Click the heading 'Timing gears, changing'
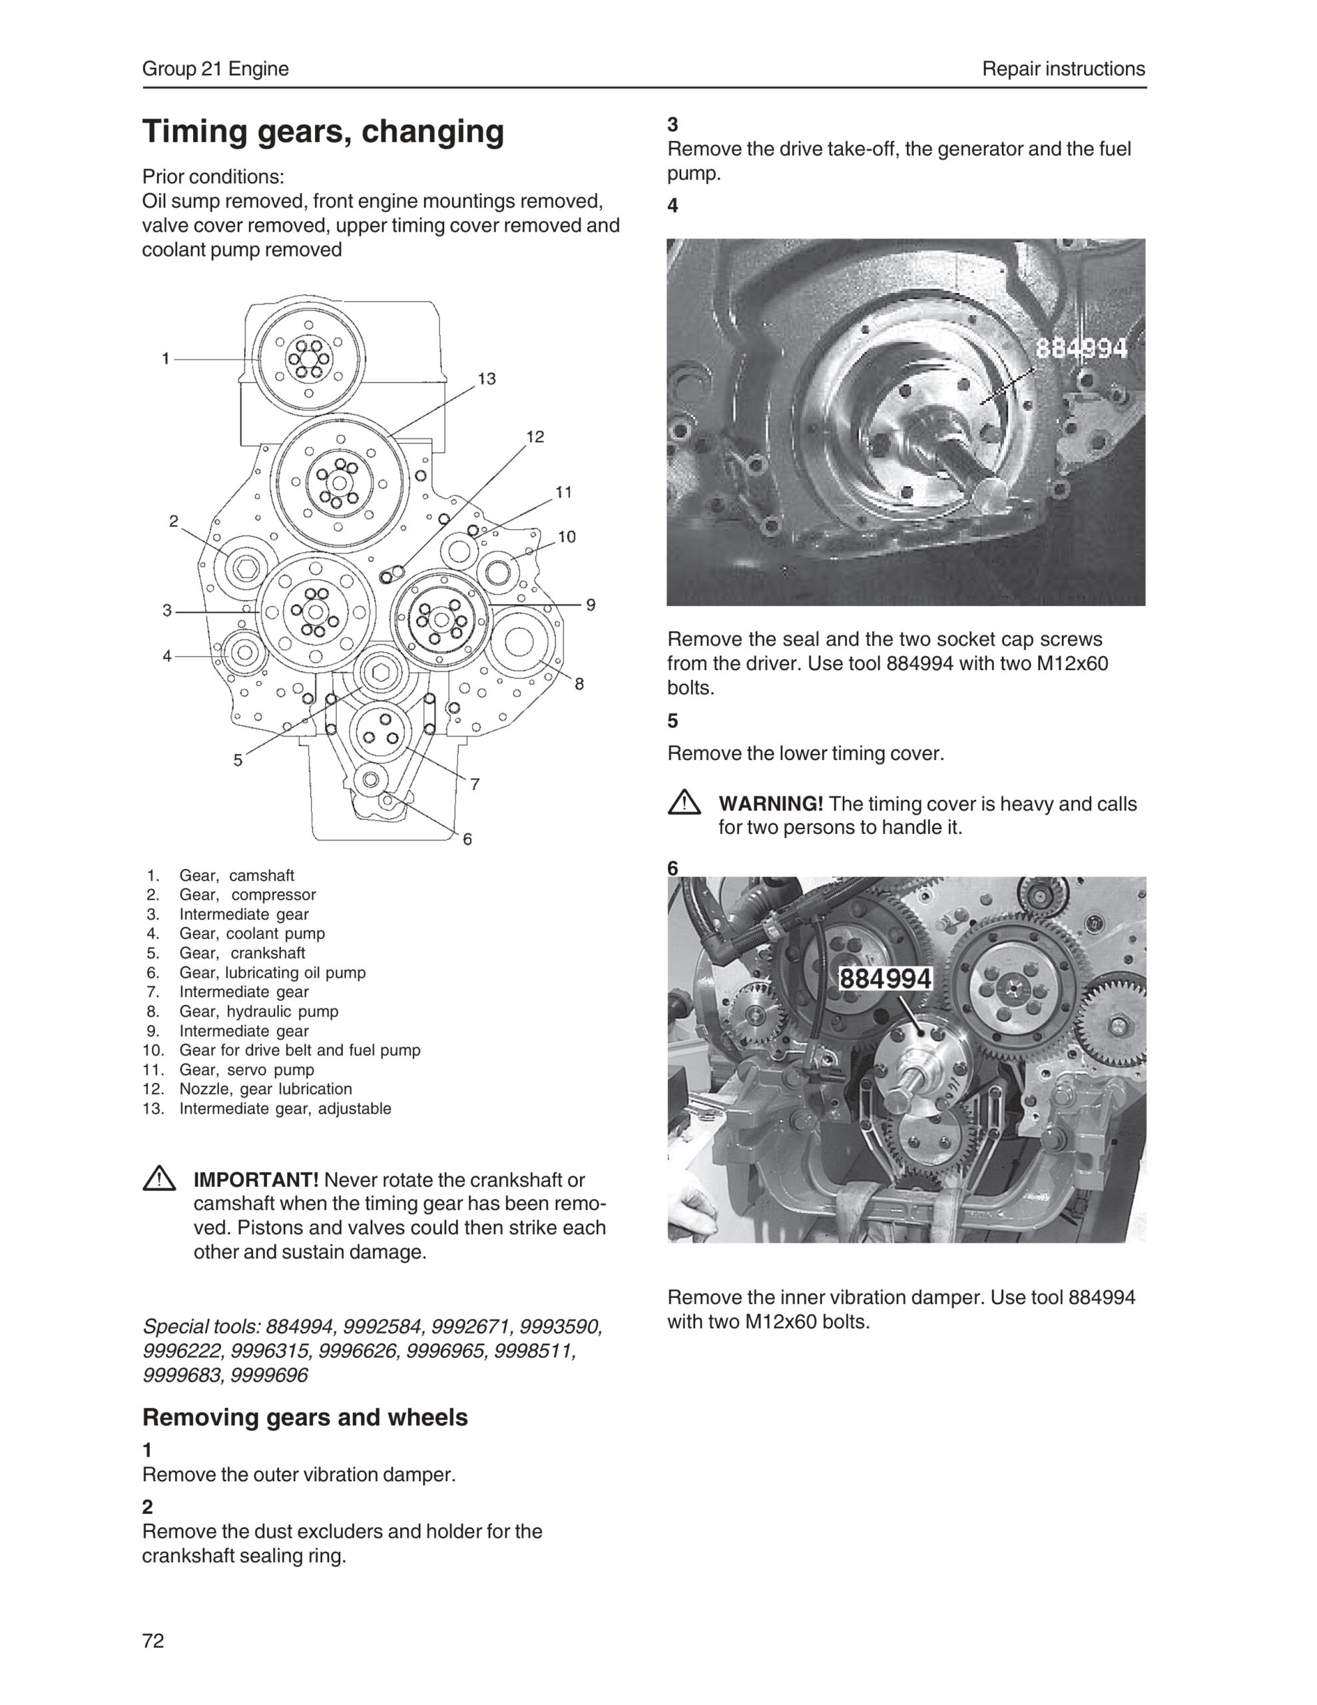click(x=322, y=131)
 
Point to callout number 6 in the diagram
click(x=467, y=839)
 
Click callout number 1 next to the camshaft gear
click(x=166, y=359)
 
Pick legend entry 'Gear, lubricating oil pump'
click(x=272, y=973)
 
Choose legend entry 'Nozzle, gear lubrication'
click(x=266, y=1089)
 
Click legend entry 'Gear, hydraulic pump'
click(x=258, y=1012)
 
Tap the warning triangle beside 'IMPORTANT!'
click(x=159, y=1178)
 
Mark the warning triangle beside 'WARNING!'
click(x=684, y=803)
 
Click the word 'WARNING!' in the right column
click(x=770, y=804)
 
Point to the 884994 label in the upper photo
click(x=1081, y=348)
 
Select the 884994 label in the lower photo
click(x=886, y=979)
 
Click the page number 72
click(x=153, y=1640)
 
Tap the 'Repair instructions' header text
click(x=1063, y=69)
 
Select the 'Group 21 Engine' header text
click(x=216, y=69)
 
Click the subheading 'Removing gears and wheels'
click(x=304, y=1417)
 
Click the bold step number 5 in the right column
click(x=673, y=721)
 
